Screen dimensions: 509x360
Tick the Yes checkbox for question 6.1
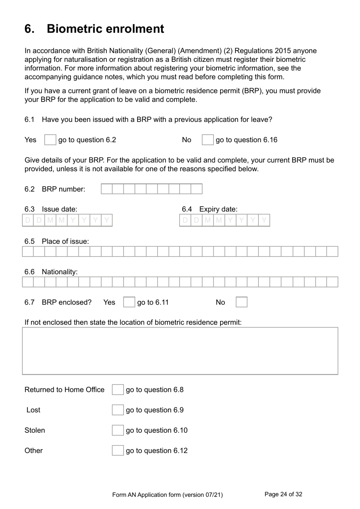50,140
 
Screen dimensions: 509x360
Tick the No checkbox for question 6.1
207,140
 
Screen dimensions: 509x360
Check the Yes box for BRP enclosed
129,302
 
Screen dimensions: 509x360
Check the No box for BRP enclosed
241,302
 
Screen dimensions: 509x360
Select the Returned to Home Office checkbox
117,390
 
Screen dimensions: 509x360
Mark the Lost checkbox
117,410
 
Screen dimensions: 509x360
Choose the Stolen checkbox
117,430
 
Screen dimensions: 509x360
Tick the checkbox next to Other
117,450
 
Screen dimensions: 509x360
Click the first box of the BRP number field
107,189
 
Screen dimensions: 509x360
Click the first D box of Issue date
28,220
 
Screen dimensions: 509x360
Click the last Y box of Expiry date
264,220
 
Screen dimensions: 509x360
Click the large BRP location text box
180,351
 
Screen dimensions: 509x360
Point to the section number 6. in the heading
30,29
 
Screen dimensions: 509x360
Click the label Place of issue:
65,241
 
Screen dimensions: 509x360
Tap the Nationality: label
59,272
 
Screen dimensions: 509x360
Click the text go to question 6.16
246,140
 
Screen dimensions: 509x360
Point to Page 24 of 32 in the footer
283,494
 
